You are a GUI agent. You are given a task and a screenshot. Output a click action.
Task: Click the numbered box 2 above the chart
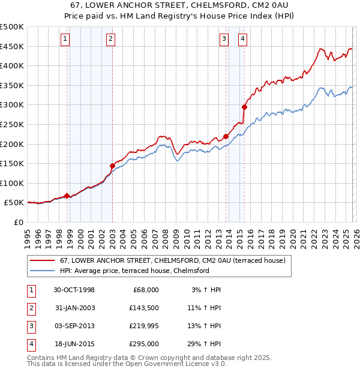(111, 40)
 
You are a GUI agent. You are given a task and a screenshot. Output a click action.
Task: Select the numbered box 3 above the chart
(224, 40)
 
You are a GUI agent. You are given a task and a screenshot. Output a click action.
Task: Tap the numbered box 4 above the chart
(242, 40)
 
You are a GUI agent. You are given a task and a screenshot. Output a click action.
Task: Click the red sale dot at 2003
(112, 166)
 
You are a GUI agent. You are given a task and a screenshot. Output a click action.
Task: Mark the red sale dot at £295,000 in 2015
(244, 107)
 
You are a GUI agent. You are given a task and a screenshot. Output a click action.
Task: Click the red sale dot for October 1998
(67, 195)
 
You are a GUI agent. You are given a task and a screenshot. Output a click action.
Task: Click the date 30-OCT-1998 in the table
(74, 290)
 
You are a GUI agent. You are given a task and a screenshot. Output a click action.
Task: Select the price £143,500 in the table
(143, 308)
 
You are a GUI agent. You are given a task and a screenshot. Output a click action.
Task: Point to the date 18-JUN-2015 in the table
(74, 344)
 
